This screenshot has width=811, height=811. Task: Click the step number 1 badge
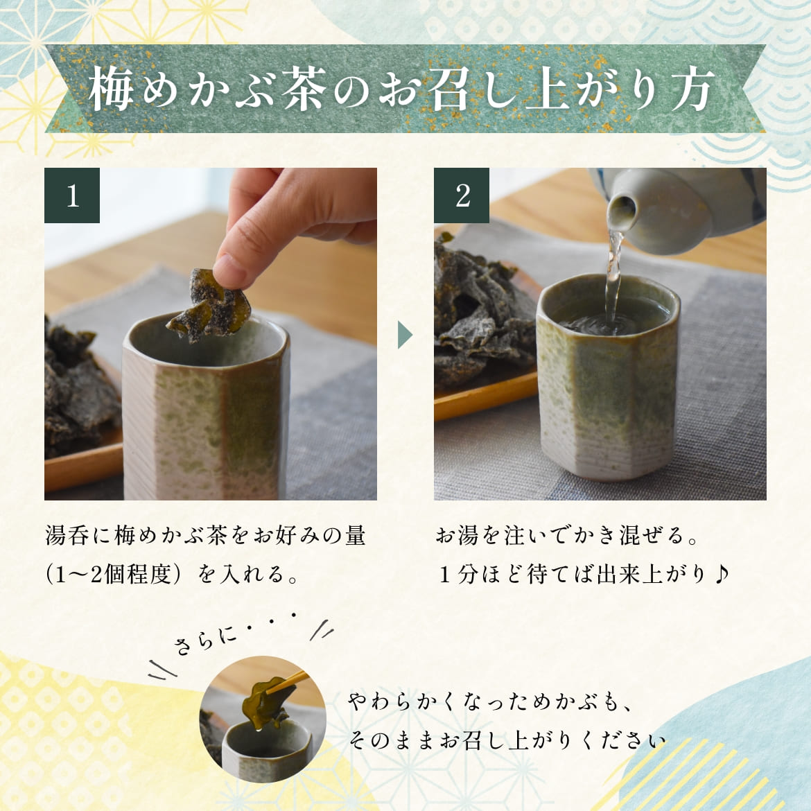72,195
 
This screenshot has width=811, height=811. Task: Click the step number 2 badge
462,195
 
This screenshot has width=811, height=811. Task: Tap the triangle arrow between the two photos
405,335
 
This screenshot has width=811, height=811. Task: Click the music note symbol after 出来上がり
721,573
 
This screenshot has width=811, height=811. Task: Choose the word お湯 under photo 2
457,535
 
